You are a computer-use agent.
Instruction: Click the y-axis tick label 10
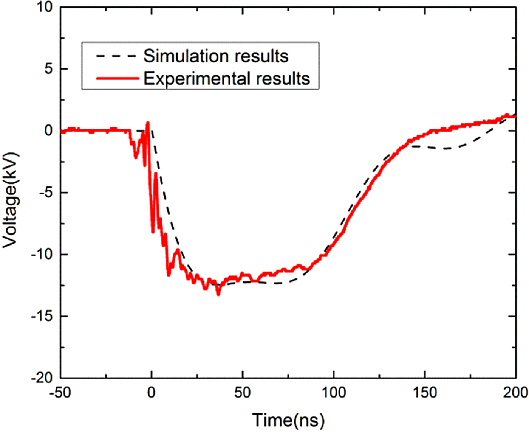click(45, 7)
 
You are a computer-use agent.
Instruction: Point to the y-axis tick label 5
click(48, 69)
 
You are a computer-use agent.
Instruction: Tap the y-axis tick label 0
click(48, 131)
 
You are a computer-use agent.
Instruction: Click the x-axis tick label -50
click(60, 393)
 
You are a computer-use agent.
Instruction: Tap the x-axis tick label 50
click(243, 393)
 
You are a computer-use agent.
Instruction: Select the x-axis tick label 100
click(334, 393)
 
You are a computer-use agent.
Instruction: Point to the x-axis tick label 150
click(425, 393)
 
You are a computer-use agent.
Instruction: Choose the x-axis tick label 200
click(515, 393)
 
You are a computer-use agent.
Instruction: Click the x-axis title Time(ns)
click(288, 420)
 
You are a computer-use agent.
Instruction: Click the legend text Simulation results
click(216, 56)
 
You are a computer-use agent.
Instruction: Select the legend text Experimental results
click(227, 78)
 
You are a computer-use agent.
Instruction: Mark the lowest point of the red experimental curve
click(218, 294)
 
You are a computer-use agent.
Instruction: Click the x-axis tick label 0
click(152, 393)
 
